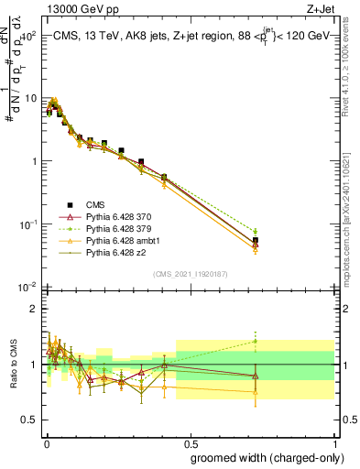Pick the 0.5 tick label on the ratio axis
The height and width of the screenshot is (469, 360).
[29, 420]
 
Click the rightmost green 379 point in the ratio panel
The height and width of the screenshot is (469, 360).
[256, 342]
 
